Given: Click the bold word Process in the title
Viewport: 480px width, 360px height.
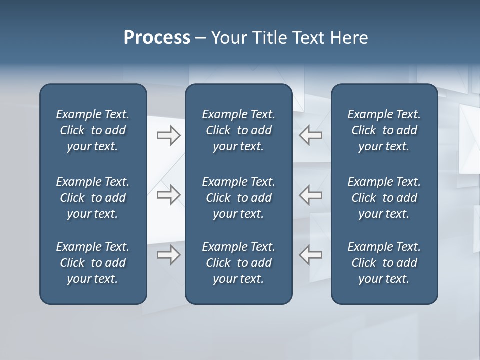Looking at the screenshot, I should (157, 38).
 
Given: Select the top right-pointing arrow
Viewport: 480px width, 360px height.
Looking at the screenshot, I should (168, 135).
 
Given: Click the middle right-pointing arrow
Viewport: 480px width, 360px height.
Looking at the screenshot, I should (168, 195).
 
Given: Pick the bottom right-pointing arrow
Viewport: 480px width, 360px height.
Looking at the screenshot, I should (168, 254).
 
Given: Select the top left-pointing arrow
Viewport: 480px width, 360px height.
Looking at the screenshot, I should (311, 135).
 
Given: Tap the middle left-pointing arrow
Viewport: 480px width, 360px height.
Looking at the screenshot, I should (311, 195).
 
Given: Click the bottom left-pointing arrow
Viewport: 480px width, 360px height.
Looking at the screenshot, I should (311, 254).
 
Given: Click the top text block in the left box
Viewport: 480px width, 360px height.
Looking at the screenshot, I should (93, 130).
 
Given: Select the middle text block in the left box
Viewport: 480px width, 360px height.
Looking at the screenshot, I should (93, 198).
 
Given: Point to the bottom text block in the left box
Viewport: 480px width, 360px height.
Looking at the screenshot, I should (93, 263).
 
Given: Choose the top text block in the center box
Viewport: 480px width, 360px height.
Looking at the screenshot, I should (238, 130).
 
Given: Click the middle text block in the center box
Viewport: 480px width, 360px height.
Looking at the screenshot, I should (238, 198).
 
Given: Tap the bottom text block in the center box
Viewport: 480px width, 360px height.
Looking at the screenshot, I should (238, 263).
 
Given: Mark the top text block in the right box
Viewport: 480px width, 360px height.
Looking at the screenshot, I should (384, 130).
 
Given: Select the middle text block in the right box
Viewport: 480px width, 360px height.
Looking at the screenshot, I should (384, 198).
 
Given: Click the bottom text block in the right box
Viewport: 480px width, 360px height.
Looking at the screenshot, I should (384, 263).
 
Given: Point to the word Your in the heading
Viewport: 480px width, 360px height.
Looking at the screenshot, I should (229, 38).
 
